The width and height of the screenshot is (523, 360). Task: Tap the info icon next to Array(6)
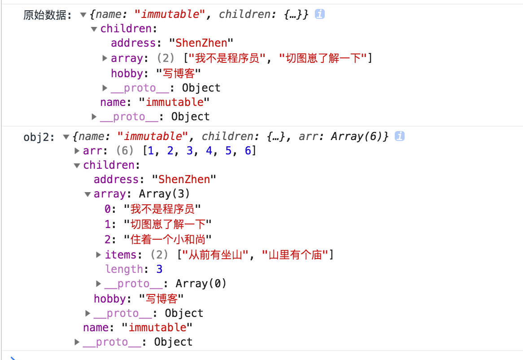point(399,136)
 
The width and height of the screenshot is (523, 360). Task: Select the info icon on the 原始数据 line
point(319,14)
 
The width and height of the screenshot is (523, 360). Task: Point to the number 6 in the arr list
point(248,151)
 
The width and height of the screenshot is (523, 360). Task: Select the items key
point(120,255)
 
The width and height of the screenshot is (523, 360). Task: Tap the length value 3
point(159,269)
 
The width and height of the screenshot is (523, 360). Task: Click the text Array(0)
point(201,284)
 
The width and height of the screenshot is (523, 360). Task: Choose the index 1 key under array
point(107,224)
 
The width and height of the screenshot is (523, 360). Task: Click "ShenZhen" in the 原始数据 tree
point(201,43)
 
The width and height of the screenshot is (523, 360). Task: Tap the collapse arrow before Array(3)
point(87,194)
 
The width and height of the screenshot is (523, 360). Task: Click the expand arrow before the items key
point(99,255)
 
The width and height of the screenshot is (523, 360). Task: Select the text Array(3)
point(164,194)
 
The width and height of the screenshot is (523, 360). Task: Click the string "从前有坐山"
point(213,255)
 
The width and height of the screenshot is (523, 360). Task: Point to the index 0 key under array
point(107,209)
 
